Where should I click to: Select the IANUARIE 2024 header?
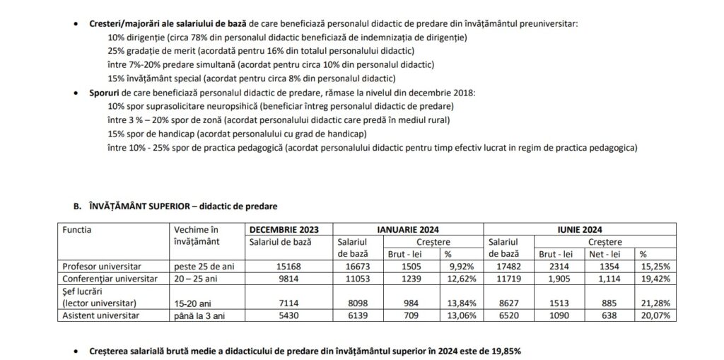408,229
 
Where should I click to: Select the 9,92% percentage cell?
461,266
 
